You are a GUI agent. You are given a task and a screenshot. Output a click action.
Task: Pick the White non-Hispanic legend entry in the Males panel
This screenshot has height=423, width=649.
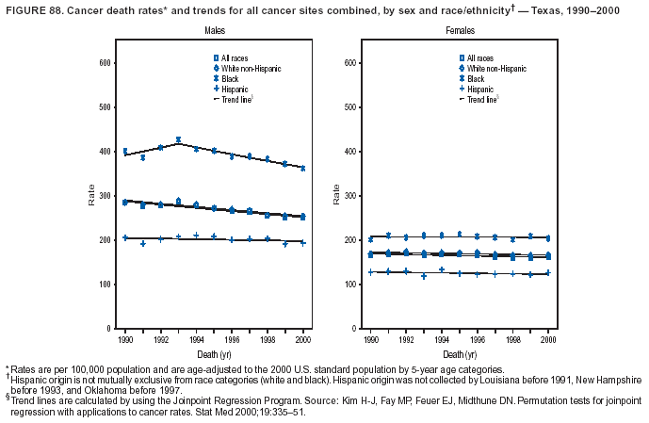248,70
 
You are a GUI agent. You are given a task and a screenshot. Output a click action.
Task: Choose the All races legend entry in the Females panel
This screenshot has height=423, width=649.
480,59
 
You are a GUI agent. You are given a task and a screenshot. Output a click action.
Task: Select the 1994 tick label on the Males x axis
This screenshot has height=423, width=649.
196,336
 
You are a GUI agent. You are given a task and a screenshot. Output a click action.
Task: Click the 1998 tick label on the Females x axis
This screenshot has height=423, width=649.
512,336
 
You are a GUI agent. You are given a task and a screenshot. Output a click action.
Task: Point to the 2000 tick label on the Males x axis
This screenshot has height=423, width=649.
303,336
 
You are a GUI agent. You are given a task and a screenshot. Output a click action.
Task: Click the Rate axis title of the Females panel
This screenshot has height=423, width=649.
334,196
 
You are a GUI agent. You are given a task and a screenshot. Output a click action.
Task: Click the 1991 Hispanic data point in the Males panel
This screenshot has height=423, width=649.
143,244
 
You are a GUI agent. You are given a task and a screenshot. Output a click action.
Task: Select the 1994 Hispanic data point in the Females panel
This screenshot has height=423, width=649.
442,269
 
